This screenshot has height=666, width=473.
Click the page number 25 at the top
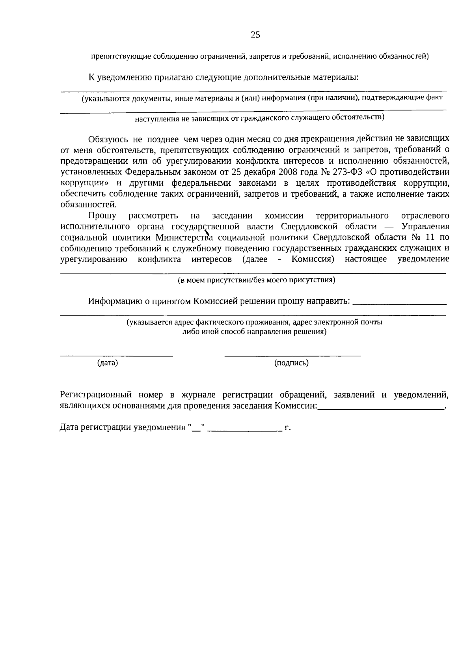click(x=255, y=35)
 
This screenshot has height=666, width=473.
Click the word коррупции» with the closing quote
click(x=85, y=183)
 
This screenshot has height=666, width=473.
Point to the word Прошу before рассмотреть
click(x=102, y=216)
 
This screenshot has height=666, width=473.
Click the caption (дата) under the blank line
click(x=108, y=363)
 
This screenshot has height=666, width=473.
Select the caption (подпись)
click(x=291, y=363)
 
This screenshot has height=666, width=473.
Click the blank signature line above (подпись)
click(x=292, y=356)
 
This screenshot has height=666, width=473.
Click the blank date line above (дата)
click(x=116, y=356)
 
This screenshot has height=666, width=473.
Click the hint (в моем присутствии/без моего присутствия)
click(x=256, y=280)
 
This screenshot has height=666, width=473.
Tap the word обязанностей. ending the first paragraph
click(x=89, y=205)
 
